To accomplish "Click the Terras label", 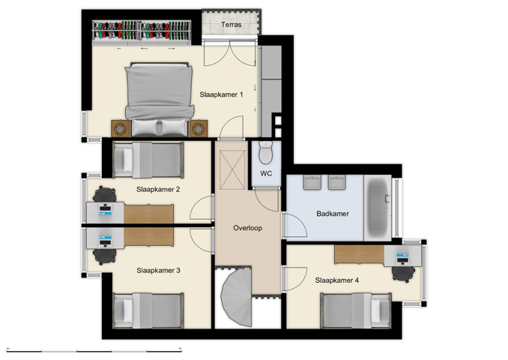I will tap(232, 25).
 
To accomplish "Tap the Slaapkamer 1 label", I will tap(221, 94).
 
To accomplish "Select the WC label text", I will tap(266, 174).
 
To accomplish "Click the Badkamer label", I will tap(333, 214).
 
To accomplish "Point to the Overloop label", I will tap(247, 227).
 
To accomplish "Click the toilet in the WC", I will tap(266, 154).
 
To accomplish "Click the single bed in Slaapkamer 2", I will tap(148, 160).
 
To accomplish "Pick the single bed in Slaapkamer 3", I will tap(148, 309).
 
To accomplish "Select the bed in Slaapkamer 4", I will tap(356, 309).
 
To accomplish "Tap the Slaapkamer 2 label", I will tap(158, 190).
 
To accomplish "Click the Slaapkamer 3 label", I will tap(158, 270).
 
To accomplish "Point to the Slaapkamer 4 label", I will tap(337, 280).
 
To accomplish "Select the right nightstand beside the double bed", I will tap(198, 129).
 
